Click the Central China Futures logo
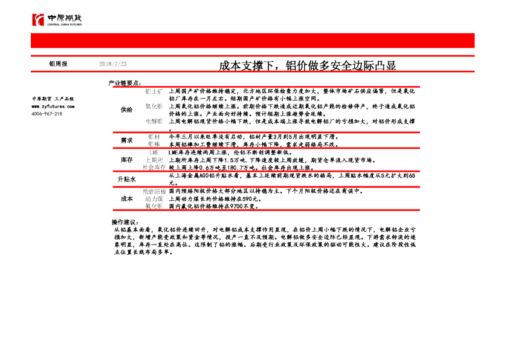click(x=57, y=19)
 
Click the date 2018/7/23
click(x=113, y=64)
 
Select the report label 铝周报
click(x=58, y=64)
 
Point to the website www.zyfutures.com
click(x=53, y=106)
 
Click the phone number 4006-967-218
click(x=47, y=113)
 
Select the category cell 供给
click(x=126, y=110)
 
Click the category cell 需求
click(x=126, y=140)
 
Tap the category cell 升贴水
click(x=126, y=180)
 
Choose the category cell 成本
click(x=126, y=198)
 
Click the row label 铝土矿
click(x=154, y=91)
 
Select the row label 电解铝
click(x=154, y=122)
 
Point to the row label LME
click(x=154, y=153)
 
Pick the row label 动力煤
click(x=154, y=198)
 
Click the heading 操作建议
click(x=125, y=223)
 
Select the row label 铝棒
click(x=154, y=145)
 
